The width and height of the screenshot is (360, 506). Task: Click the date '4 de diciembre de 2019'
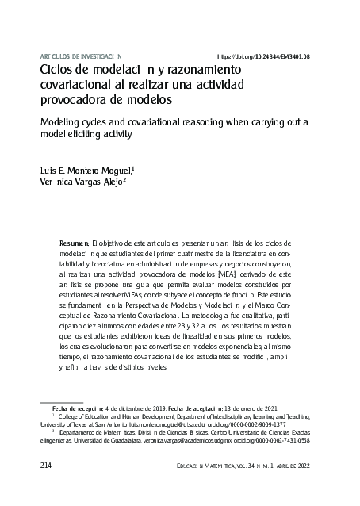click(117, 407)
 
